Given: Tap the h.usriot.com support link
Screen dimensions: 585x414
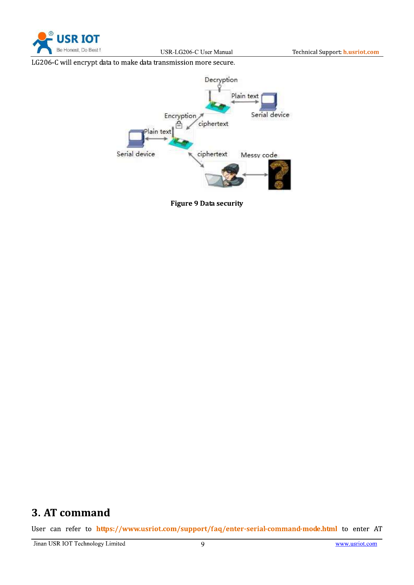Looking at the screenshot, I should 361,52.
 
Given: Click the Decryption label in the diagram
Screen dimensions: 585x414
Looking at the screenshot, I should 221,80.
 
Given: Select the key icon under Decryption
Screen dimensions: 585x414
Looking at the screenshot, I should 219,88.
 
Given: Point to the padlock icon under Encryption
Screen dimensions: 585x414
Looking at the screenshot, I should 179,124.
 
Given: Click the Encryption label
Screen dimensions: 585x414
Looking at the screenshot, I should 180,116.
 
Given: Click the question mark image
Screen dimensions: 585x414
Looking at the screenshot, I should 279,175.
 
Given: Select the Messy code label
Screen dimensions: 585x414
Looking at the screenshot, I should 259,155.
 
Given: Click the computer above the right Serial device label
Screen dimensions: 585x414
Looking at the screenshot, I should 269,101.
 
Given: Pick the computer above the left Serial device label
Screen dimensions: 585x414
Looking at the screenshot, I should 136,139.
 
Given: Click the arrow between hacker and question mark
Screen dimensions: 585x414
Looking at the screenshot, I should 255,174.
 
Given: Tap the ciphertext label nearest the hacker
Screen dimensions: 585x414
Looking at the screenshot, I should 212,154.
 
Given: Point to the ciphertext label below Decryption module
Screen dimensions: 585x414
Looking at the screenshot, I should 213,124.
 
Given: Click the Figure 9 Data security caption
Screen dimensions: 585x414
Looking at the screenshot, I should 206,203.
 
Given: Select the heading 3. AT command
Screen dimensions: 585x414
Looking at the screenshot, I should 71,513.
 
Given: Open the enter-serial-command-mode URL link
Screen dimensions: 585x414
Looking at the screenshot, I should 217,529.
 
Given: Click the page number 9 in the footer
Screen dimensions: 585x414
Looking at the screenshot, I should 203,544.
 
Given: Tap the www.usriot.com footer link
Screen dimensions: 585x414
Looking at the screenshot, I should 356,544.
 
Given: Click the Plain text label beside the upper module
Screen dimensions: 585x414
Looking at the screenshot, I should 245,96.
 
